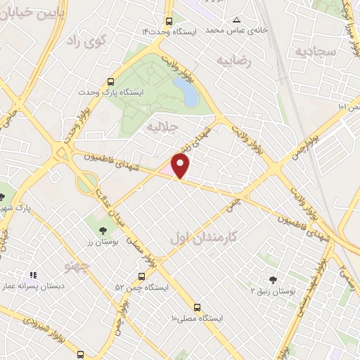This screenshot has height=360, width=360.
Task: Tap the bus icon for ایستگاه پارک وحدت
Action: point(110,81)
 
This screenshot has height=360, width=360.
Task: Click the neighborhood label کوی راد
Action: point(84,42)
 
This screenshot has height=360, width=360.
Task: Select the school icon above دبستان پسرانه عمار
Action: point(32,276)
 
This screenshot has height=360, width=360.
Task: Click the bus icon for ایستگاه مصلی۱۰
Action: point(198,307)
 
